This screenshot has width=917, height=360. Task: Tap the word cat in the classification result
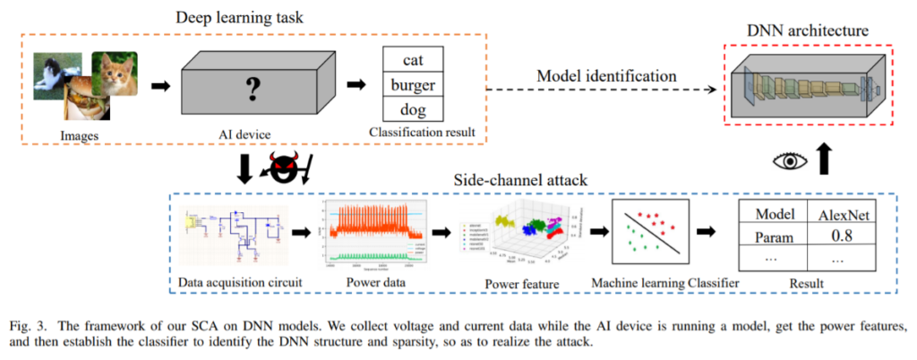412,61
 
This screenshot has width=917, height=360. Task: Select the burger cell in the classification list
412,87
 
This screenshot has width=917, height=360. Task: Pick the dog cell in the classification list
412,112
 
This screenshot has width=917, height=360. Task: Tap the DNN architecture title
808,31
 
